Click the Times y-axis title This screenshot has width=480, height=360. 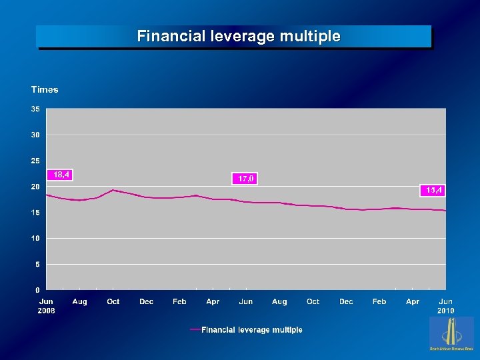(x=45, y=89)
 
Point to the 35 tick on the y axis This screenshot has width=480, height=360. (x=35, y=109)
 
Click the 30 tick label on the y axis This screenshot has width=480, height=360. (x=35, y=135)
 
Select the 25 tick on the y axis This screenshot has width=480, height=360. (x=35, y=161)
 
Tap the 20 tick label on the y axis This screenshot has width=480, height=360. (x=35, y=187)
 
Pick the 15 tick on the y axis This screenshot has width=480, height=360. (x=35, y=213)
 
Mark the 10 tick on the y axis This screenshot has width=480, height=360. (x=35, y=238)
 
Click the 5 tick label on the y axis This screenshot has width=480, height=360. (x=37, y=264)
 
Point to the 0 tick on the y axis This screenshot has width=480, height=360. (x=37, y=290)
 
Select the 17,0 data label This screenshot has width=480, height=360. (x=245, y=179)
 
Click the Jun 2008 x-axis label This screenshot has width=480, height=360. (x=46, y=306)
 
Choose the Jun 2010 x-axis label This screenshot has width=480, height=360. (x=445, y=306)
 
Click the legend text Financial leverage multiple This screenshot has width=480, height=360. (x=252, y=330)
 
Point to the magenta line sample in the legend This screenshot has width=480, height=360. (x=195, y=329)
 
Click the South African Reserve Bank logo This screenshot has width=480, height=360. (x=451, y=333)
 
